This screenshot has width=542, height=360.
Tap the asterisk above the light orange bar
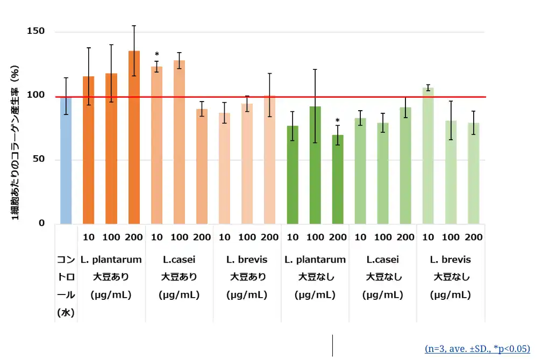pyautogui.click(x=156, y=54)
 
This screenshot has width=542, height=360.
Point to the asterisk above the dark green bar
pyautogui.click(x=338, y=121)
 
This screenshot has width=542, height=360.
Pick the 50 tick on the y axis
pyautogui.click(x=38, y=160)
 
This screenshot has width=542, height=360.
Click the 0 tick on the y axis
pyautogui.click(x=41, y=224)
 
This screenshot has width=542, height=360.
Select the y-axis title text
pyautogui.click(x=16, y=146)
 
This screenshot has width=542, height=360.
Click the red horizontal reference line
pyautogui.click(x=269, y=97)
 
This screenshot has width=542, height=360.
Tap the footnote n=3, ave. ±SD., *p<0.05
pyautogui.click(x=477, y=348)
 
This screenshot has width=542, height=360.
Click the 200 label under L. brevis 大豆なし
pyautogui.click(x=473, y=237)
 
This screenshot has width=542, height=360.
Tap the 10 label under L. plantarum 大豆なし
pyautogui.click(x=293, y=237)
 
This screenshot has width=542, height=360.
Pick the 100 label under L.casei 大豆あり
pyautogui.click(x=180, y=237)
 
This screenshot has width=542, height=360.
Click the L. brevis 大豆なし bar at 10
pyautogui.click(x=428, y=156)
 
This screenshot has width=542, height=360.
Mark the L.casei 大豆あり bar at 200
pyautogui.click(x=202, y=167)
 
